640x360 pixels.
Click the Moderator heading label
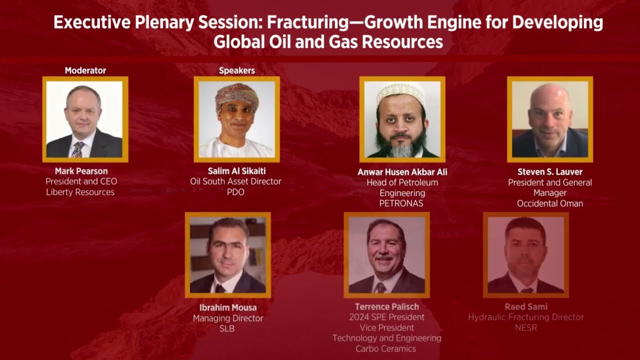pos(85,70)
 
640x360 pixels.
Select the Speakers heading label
pos(237,70)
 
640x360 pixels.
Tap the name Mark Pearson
pos(81,171)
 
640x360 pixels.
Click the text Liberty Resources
pos(80,192)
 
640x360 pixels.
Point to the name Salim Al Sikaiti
pos(236,171)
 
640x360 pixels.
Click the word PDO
pos(235,192)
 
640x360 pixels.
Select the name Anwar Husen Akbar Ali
pos(402,172)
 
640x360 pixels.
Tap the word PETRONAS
pos(402,203)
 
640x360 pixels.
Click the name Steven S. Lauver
pos(550,172)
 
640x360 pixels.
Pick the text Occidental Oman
pos(550,203)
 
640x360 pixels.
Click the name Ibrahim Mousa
pos(228,307)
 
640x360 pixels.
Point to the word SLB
pos(227,328)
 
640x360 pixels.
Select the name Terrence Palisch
pos(387,306)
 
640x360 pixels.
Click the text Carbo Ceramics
pos(386,348)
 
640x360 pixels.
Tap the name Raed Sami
pos(526,306)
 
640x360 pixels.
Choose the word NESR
pos(526,327)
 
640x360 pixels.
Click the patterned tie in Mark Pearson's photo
pos(77,149)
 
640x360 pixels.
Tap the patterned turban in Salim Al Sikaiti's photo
pos(237,94)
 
